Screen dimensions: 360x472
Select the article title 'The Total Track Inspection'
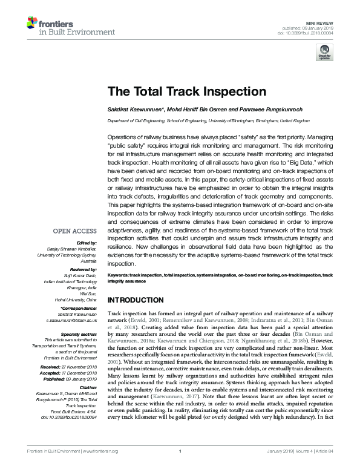(x=186, y=92)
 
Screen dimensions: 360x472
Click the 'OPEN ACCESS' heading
(x=74, y=231)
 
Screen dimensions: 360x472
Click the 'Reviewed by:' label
(x=82, y=269)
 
